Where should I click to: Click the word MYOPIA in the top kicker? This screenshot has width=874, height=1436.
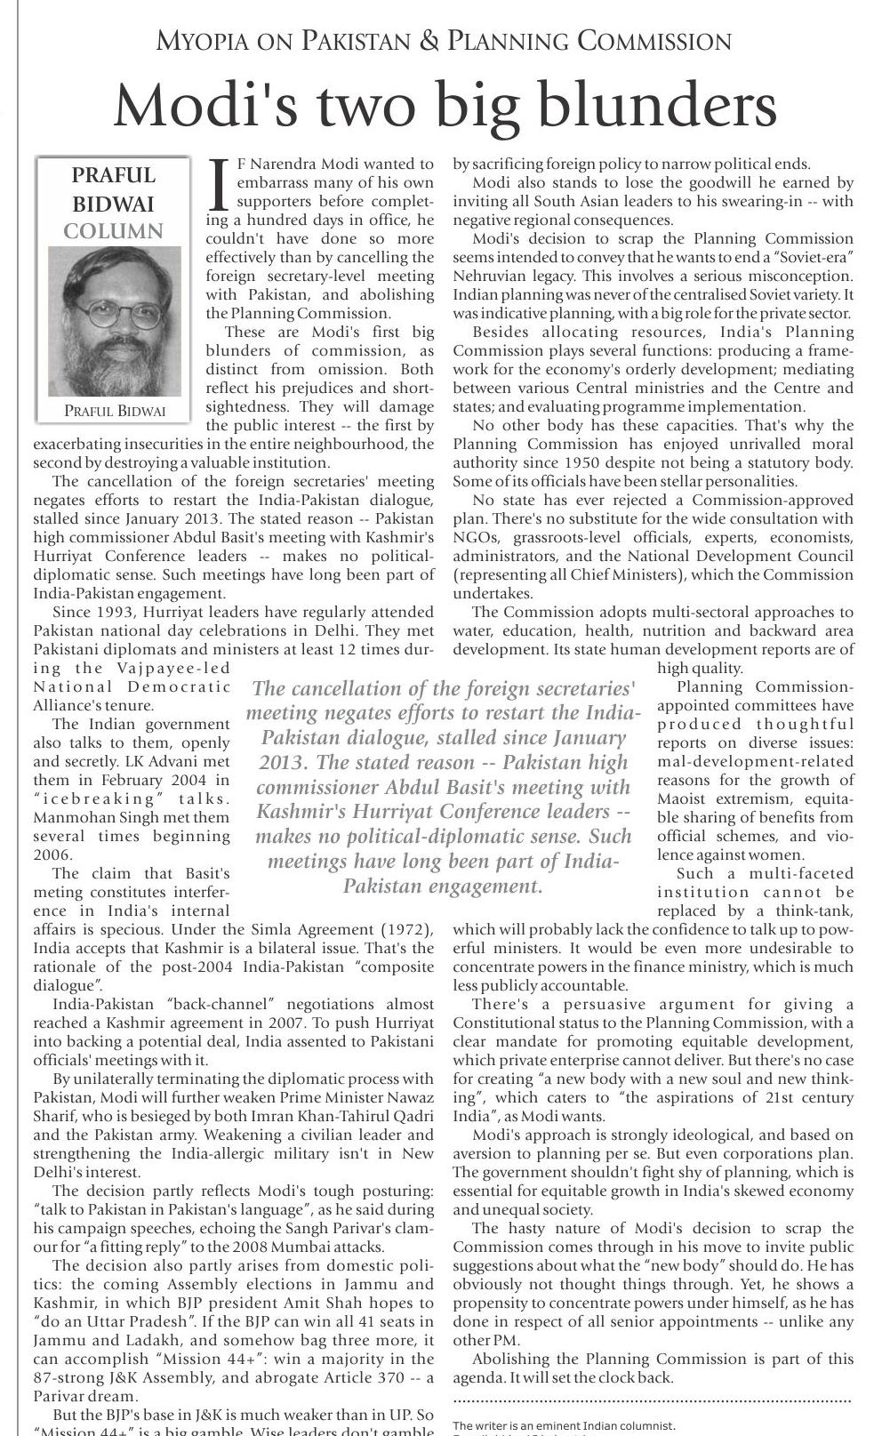(x=196, y=41)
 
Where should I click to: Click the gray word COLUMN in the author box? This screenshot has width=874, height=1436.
(x=113, y=231)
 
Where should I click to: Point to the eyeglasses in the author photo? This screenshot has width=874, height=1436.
(x=111, y=313)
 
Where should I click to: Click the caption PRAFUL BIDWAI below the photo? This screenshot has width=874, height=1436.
(x=114, y=411)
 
